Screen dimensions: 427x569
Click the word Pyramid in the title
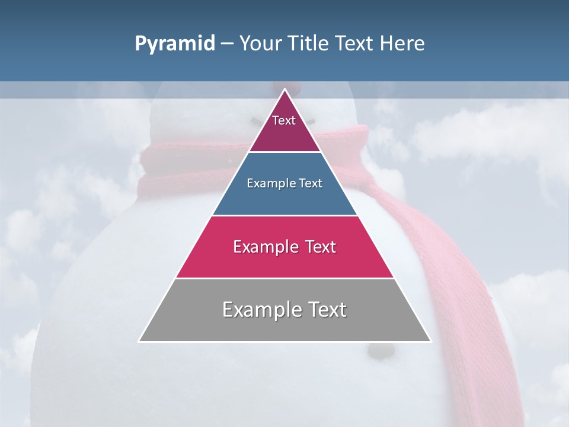pyautogui.click(x=174, y=44)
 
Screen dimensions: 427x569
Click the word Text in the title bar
pyautogui.click(x=355, y=44)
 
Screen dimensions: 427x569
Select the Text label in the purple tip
pyautogui.click(x=284, y=120)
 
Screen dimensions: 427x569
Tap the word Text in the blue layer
pyautogui.click(x=311, y=184)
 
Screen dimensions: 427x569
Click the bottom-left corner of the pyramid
pyautogui.click(x=139, y=341)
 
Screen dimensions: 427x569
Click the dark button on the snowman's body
pyautogui.click(x=380, y=352)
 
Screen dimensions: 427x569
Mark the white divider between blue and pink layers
pyautogui.click(x=285, y=215)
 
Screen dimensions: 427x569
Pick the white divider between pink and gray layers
pyautogui.click(x=285, y=278)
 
